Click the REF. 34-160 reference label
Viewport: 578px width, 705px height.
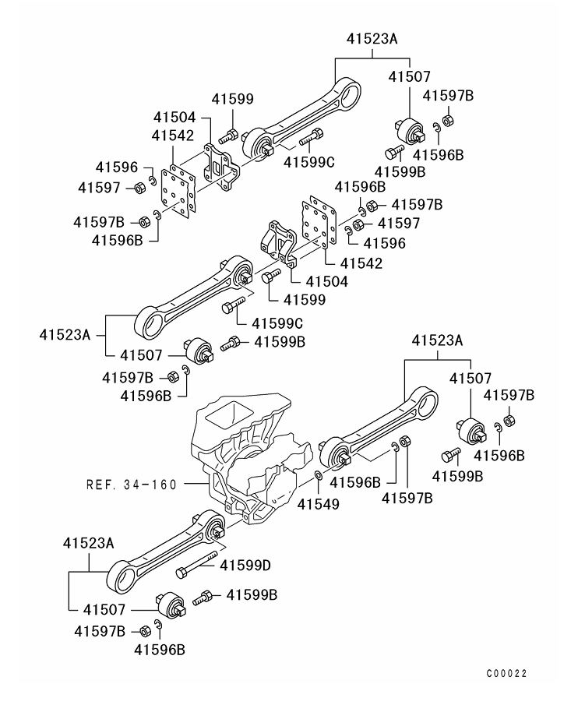(130, 484)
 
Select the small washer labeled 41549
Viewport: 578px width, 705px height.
(319, 474)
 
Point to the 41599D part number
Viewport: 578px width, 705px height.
(245, 565)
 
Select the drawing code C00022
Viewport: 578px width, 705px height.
(513, 673)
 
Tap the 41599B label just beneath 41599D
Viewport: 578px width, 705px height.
(252, 594)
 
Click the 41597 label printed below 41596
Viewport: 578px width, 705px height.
(100, 187)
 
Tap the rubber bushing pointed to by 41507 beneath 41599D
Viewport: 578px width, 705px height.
(170, 606)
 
